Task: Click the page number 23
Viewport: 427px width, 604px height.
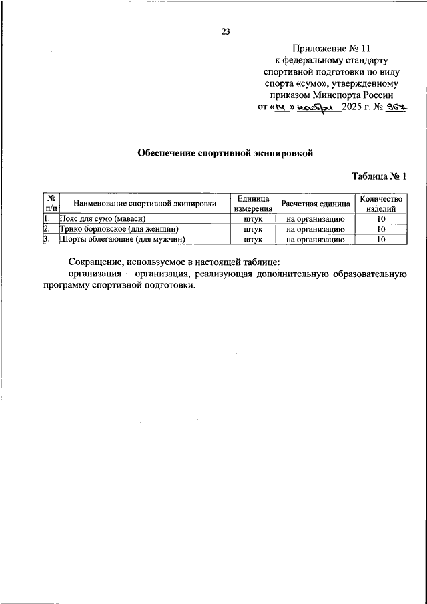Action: click(225, 31)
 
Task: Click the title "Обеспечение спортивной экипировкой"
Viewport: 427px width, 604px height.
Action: click(225, 153)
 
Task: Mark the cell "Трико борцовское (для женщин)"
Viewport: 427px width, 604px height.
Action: click(119, 228)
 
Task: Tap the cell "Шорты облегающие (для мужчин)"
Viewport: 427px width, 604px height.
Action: click(121, 238)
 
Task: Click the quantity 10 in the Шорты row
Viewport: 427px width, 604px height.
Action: click(380, 238)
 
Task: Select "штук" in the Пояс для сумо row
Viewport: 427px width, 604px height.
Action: click(253, 218)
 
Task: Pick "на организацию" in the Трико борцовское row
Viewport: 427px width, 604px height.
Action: click(315, 228)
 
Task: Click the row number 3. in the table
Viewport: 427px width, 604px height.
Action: click(47, 238)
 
